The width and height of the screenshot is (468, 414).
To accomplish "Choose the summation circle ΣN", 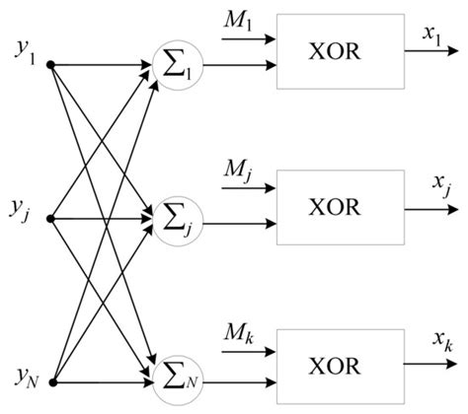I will [175, 376].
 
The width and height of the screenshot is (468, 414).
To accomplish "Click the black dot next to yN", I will [51, 379].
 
